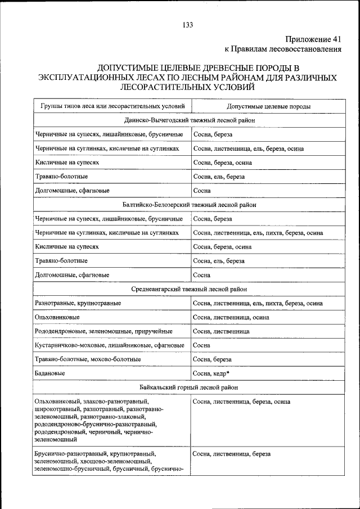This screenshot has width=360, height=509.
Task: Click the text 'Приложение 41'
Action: [x=313, y=39]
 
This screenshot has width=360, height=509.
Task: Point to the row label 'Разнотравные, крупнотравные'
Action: [x=78, y=304]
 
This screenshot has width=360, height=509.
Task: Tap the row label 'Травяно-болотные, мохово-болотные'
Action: [x=88, y=359]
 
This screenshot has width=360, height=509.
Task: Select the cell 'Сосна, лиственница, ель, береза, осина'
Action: [x=248, y=149]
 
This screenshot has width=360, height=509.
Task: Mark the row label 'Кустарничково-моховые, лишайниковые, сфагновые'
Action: [x=109, y=345]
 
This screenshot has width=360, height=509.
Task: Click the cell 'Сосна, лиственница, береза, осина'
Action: [x=241, y=402]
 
